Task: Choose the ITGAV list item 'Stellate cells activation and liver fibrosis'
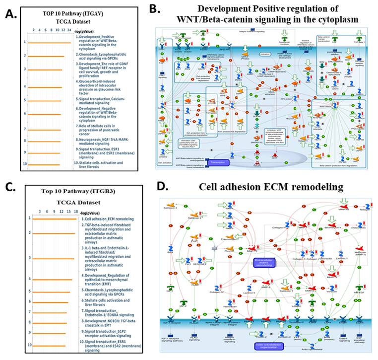coord(105,164)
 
